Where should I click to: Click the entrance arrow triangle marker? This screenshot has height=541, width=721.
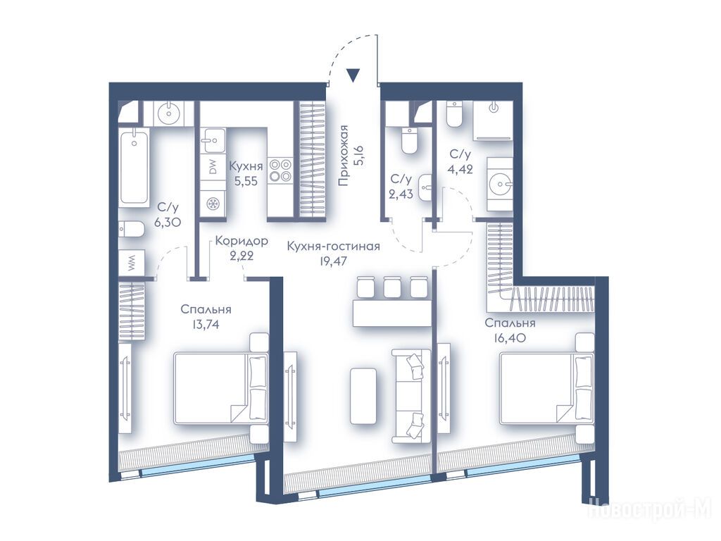[x=353, y=75]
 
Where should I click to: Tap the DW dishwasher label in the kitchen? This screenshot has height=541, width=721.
[x=213, y=168]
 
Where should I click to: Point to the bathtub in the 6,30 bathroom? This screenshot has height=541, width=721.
[x=134, y=166]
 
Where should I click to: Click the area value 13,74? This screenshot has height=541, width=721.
[x=206, y=324]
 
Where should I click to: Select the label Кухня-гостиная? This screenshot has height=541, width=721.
[x=333, y=247]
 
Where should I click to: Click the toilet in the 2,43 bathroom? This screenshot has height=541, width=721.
[x=409, y=140]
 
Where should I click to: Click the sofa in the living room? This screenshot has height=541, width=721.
[x=411, y=396]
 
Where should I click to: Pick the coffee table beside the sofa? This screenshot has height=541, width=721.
[x=365, y=396]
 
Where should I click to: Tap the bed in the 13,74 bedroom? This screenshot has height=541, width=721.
[x=220, y=388]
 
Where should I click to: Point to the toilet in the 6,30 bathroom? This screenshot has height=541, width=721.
[x=130, y=229]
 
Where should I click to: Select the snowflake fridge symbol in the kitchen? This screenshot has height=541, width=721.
[x=213, y=204]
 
